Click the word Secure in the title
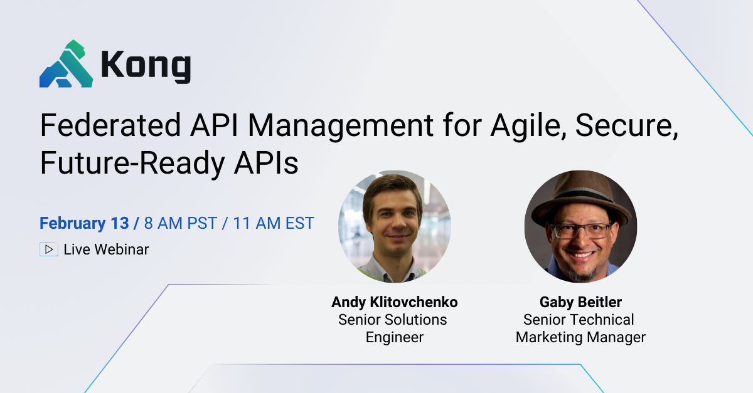(627, 126)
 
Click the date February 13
(84, 223)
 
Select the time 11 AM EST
(274, 223)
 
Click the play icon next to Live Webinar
(48, 249)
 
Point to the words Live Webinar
(106, 249)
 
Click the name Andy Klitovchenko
(395, 302)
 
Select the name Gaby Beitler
(580, 302)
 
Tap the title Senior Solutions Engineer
(393, 328)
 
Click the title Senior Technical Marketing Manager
(580, 328)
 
